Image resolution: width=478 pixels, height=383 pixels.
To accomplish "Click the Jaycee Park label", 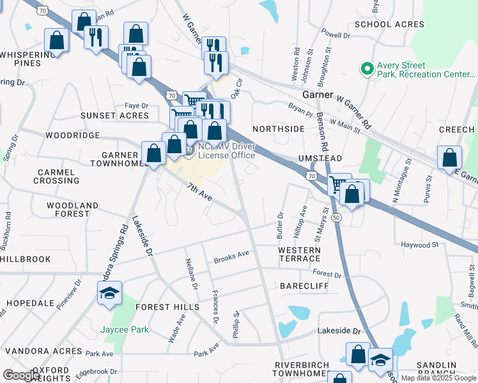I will [125, 330].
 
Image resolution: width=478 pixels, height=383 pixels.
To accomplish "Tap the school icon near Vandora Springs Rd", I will [110, 294].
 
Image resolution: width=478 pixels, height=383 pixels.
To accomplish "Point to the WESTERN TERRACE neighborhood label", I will [299, 253].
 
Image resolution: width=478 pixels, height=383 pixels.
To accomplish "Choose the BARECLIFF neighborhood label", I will [304, 287].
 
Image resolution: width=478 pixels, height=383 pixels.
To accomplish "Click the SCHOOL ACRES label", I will [389, 24].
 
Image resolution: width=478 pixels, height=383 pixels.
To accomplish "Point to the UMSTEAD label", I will [320, 158].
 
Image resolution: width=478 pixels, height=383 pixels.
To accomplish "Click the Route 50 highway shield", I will [336, 218].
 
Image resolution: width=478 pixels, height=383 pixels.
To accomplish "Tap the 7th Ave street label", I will [199, 192].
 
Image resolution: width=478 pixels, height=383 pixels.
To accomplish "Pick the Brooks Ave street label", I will [231, 258].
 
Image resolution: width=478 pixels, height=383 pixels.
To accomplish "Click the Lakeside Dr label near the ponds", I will [339, 331].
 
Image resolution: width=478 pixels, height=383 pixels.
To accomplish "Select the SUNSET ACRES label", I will [114, 116].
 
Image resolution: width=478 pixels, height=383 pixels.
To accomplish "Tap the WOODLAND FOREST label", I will [72, 209].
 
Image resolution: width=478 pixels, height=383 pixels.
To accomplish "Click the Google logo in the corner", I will [22, 375].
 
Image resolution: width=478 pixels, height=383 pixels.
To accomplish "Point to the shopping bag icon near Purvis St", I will [450, 157].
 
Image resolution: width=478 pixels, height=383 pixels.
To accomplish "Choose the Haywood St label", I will [419, 244].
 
